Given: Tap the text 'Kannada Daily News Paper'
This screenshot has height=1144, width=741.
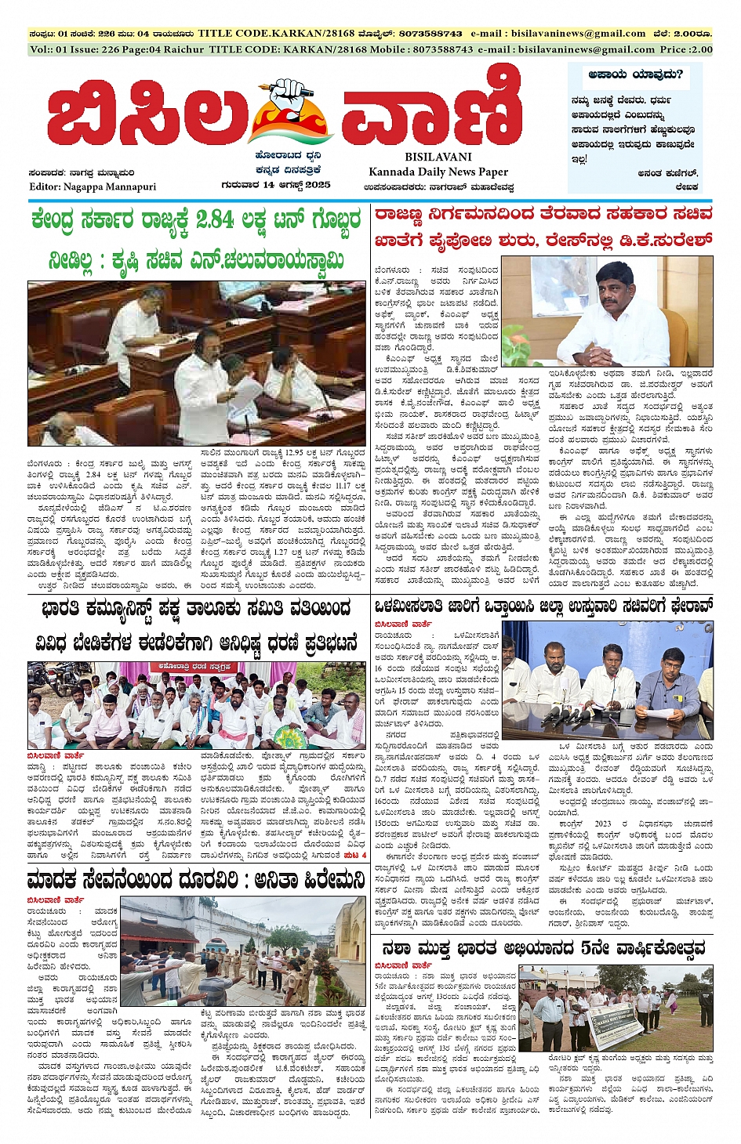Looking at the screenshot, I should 438,172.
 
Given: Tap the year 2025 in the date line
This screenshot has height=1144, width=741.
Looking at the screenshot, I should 316,186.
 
